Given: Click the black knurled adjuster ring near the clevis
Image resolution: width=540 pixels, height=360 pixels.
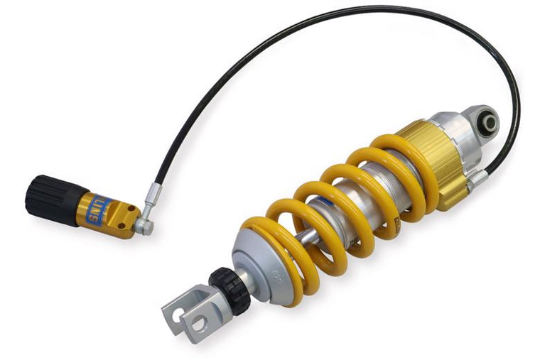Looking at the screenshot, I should (229, 290).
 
